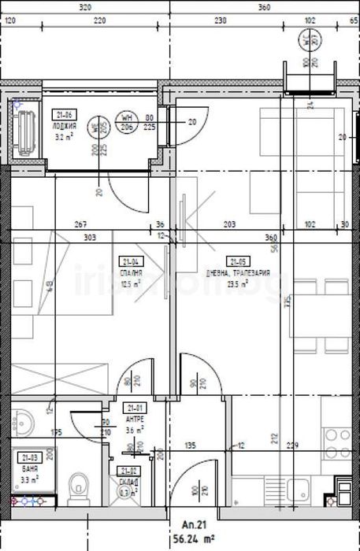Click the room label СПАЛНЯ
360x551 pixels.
[x=130, y=272]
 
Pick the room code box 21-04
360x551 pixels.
[x=131, y=262]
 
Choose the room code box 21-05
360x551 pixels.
[x=236, y=262]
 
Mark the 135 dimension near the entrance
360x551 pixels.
[x=190, y=446]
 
